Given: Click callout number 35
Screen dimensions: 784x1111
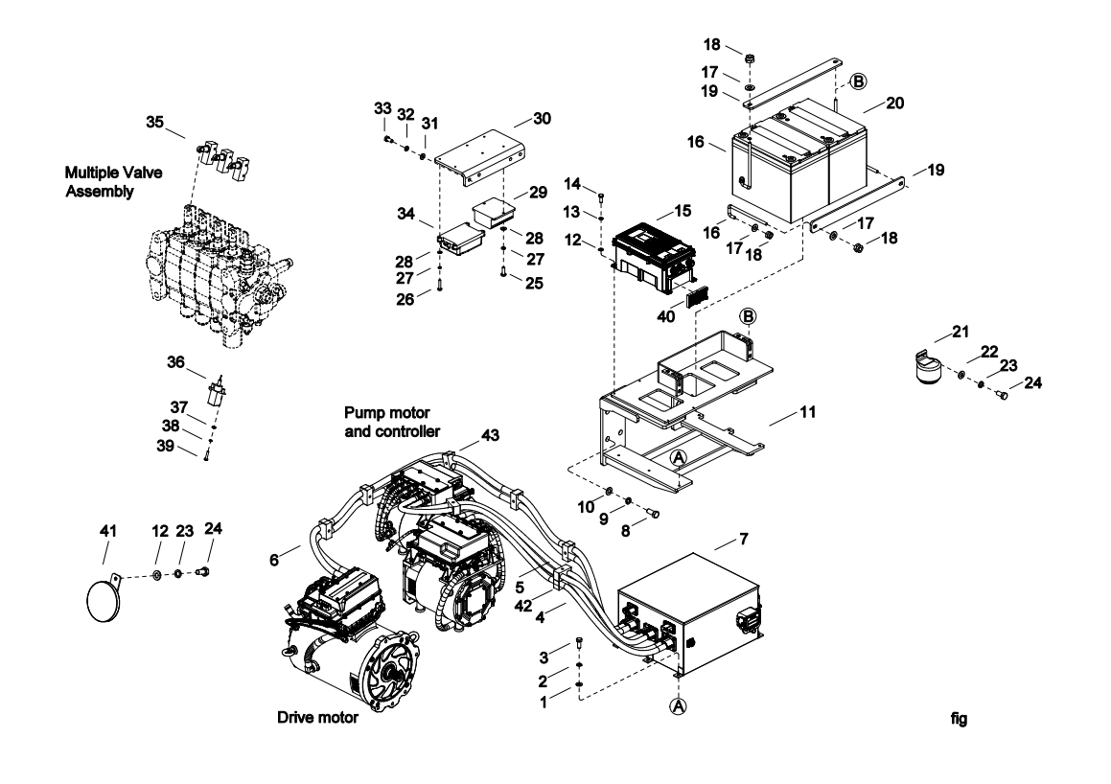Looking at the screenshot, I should tap(154, 122).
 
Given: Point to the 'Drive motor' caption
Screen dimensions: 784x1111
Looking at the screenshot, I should tap(317, 718).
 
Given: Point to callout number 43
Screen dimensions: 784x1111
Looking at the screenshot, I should tap(466, 435).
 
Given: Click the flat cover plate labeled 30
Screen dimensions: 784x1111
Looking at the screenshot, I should tap(478, 154).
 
